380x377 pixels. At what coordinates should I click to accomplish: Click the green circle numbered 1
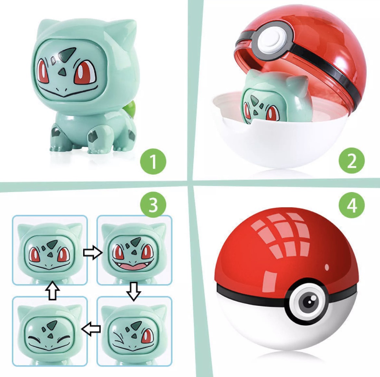(x=153, y=162)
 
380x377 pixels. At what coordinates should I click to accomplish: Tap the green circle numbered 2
(x=352, y=161)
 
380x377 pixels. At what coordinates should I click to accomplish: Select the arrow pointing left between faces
(x=91, y=329)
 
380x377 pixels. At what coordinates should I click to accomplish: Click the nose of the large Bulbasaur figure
(x=63, y=71)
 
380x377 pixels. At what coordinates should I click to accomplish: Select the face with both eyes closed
(x=50, y=331)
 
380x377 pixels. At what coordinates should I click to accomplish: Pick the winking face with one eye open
(x=134, y=331)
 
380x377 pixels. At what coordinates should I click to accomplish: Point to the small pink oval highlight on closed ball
(x=327, y=267)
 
